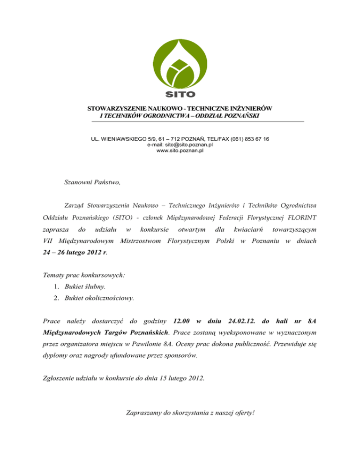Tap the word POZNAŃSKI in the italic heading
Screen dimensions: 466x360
point(238,116)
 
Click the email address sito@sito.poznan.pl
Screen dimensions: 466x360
point(180,145)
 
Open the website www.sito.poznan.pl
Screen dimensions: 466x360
point(180,151)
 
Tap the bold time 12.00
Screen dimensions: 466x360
point(181,321)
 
